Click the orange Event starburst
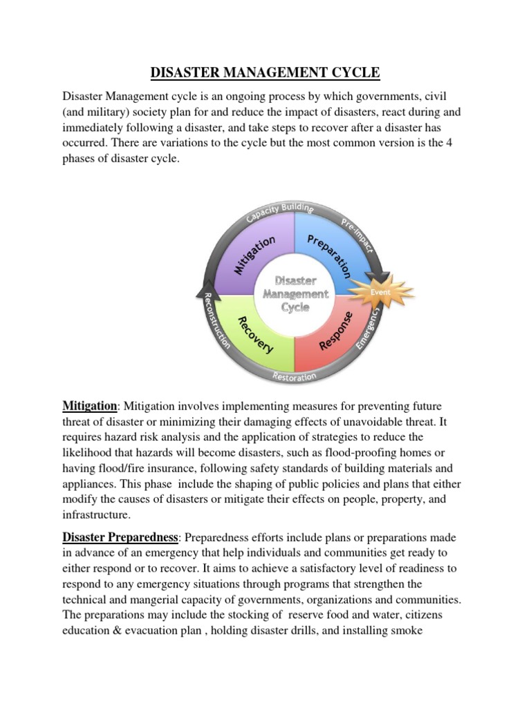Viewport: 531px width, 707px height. tap(380, 292)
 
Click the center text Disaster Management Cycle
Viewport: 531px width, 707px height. tap(296, 294)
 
